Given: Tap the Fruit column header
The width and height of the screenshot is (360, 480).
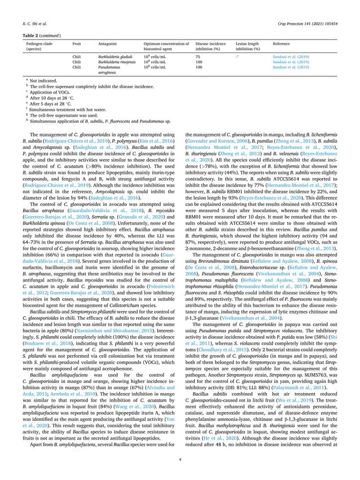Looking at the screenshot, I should pyautogui.click(x=79, y=43).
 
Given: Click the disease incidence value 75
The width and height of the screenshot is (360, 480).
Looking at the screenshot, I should pyautogui.click(x=198, y=57).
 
